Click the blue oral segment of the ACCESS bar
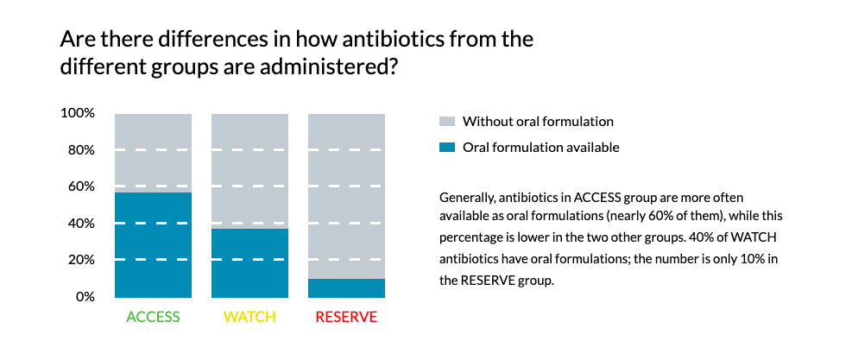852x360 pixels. click(154, 244)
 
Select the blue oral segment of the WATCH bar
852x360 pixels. click(249, 262)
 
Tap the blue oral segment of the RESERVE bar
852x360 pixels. click(347, 288)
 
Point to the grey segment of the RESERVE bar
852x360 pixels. click(347, 196)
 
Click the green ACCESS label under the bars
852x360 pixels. click(153, 317)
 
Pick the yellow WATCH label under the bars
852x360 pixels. click(249, 317)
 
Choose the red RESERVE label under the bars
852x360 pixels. click(346, 317)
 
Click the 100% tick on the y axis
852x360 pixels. click(78, 114)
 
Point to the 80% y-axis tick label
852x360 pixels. click(81, 150)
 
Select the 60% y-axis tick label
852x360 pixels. click(81, 186)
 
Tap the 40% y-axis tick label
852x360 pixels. click(81, 224)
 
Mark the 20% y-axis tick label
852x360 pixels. click(81, 260)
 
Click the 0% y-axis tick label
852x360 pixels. click(85, 297)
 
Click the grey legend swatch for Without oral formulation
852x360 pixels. click(445, 121)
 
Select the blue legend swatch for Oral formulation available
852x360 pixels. click(445, 148)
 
